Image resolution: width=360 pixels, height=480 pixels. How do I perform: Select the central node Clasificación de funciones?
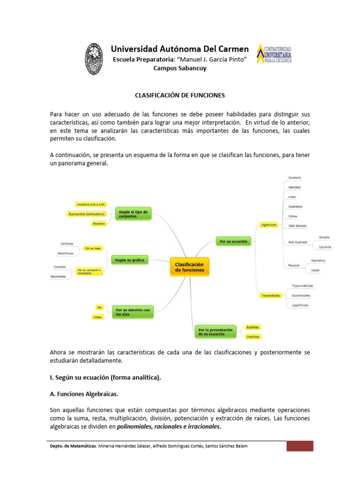point(189,267)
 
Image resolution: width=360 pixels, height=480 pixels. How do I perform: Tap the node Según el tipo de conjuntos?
point(133,214)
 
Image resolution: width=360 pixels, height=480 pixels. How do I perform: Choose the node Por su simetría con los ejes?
point(133,312)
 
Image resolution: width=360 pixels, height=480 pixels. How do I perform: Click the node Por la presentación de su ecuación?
point(216,332)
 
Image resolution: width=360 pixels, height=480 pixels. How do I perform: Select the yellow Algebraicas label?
point(269,225)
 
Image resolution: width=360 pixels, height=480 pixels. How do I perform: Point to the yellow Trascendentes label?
point(270,295)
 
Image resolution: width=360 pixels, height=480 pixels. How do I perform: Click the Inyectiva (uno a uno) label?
point(91,204)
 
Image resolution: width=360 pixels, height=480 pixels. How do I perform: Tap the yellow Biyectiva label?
point(99,224)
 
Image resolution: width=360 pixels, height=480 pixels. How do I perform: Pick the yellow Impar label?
point(98,317)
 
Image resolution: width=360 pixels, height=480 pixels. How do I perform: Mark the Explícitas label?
point(252,327)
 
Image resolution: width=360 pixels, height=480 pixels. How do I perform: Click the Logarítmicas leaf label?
point(300,305)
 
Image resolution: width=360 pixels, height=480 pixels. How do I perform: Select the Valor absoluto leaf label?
point(298,225)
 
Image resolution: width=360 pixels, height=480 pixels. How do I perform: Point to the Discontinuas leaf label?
point(65,253)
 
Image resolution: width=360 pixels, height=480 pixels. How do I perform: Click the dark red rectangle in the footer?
point(300,446)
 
